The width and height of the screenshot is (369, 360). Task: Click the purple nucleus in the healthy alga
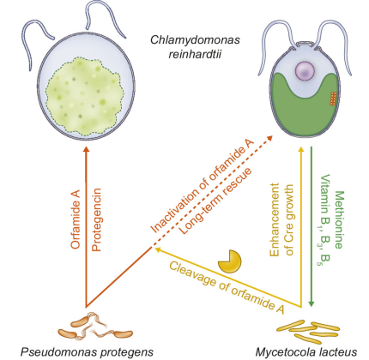coord(305,70)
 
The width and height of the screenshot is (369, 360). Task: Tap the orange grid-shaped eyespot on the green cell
coord(333,99)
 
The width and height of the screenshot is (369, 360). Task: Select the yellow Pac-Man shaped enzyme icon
coord(230,261)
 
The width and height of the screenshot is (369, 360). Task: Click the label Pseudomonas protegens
coord(87,351)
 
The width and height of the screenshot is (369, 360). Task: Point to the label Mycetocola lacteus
coord(306,351)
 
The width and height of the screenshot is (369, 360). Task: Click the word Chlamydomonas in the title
coord(195,39)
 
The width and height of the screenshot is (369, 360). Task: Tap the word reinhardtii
coord(195,54)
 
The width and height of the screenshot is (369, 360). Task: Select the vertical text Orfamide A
coord(76,219)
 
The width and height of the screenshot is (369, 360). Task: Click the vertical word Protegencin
coord(97,219)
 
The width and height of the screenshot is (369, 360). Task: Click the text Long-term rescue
coord(215,201)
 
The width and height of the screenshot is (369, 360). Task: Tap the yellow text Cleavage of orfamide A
coord(227,288)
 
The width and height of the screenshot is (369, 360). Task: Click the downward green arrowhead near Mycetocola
coord(312,303)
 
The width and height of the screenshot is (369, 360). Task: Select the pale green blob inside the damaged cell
coord(85,97)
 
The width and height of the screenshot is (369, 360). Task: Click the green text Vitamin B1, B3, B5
coord(324,219)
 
